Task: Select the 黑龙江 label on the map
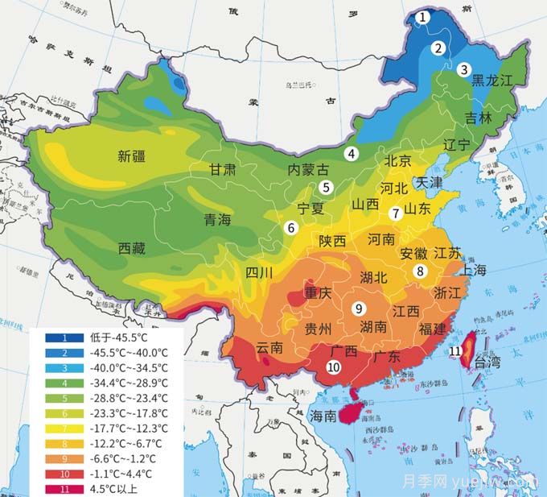tap(491, 80)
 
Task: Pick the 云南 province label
tap(269, 348)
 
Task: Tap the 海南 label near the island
tap(324, 416)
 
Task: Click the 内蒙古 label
tap(309, 170)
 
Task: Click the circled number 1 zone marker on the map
tap(424, 18)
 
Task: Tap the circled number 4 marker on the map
tap(351, 154)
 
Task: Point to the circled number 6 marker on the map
tap(290, 228)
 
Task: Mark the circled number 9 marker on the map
tap(359, 308)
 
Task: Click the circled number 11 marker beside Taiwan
tap(455, 351)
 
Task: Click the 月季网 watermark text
tap(477, 482)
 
